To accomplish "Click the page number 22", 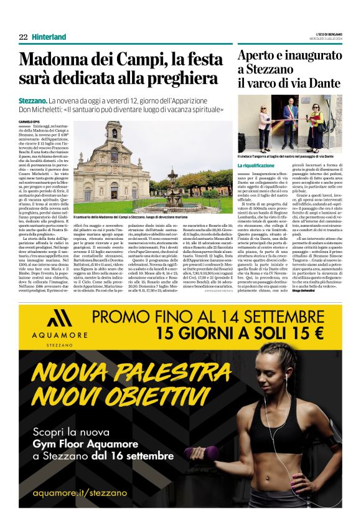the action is pos(23,37).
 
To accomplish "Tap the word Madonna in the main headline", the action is pos(50,61).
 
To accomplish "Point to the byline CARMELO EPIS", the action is pos(29,122).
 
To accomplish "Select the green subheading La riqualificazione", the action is pos(255,165).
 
